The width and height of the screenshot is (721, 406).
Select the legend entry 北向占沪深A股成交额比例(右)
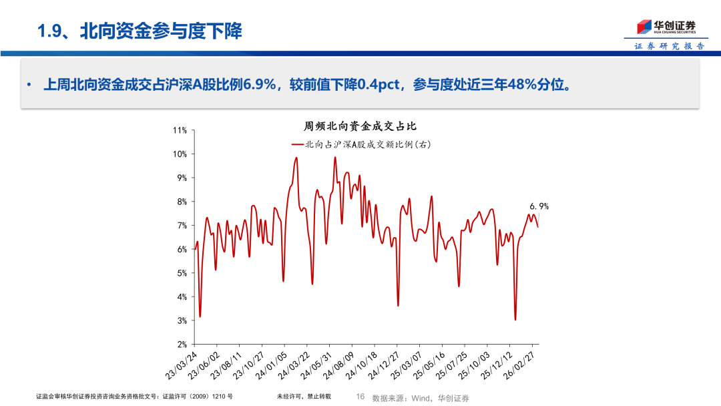(361, 144)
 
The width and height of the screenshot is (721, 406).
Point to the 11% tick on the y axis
(180, 130)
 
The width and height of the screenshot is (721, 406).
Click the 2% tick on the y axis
(182, 345)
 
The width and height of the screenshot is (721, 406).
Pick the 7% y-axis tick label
(182, 226)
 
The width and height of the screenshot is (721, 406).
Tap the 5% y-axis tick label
(182, 273)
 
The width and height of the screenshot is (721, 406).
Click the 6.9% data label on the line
(539, 207)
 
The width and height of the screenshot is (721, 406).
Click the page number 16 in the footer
(360, 397)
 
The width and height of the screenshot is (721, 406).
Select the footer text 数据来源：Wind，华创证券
(420, 398)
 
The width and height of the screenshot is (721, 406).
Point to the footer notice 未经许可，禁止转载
(304, 397)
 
